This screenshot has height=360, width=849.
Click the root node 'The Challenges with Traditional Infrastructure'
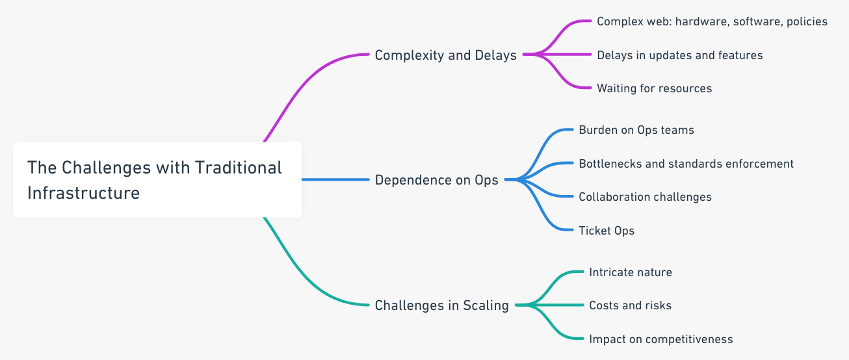[x=157, y=179]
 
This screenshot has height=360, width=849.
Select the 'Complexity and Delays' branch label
[x=445, y=55]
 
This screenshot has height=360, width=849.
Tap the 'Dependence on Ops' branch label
[x=436, y=180]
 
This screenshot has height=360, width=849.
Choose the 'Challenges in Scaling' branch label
[x=441, y=305]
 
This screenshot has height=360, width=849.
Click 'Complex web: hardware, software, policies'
[x=712, y=21]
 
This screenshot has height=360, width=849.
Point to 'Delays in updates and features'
[x=679, y=55]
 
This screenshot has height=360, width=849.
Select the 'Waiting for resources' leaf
[x=654, y=88]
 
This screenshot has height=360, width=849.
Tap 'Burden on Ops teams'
[x=636, y=130]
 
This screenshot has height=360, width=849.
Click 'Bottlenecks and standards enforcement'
[x=686, y=164]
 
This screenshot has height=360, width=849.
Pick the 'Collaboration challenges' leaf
[x=645, y=197]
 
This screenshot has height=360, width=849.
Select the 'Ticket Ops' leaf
[x=606, y=230]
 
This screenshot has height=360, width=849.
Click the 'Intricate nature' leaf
[x=630, y=272]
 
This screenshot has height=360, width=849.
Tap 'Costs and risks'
[x=630, y=305]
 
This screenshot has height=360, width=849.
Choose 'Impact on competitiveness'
[x=660, y=339]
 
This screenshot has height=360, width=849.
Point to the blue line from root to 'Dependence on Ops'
[x=335, y=179]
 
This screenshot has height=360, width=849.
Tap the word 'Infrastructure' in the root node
[x=83, y=193]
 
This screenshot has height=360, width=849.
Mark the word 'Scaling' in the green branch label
[x=486, y=305]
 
